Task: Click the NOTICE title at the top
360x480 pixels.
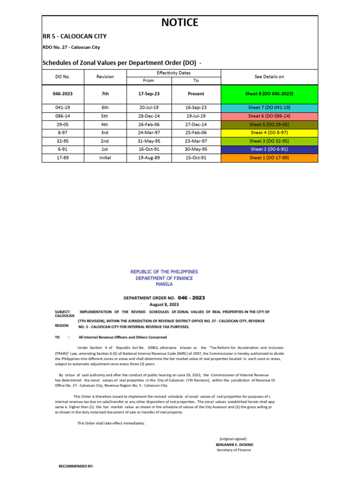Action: tap(180, 22)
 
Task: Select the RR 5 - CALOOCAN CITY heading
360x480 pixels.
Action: tap(75, 36)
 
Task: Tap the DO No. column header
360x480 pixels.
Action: tap(62, 77)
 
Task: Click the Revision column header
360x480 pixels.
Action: tap(105, 77)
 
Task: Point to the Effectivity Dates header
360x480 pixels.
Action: tap(173, 73)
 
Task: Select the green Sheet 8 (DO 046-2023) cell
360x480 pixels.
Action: tap(269, 94)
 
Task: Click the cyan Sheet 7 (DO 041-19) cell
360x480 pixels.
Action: tap(269, 107)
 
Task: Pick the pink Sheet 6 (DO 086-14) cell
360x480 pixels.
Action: tap(269, 116)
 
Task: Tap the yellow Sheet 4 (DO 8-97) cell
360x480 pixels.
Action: tap(269, 133)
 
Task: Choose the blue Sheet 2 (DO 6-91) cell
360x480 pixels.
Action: tap(269, 150)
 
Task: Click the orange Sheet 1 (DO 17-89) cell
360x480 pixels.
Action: tap(269, 158)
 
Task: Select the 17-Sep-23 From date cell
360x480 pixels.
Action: tap(149, 94)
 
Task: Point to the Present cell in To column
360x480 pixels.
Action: tap(196, 94)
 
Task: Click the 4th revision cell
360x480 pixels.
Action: tap(105, 124)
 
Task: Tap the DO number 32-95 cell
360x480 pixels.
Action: tap(62, 141)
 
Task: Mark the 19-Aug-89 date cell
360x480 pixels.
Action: tap(149, 158)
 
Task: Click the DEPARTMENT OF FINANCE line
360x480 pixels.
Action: tap(164, 278)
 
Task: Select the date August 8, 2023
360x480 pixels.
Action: tap(164, 304)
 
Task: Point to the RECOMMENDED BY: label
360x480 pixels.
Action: tap(75, 467)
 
